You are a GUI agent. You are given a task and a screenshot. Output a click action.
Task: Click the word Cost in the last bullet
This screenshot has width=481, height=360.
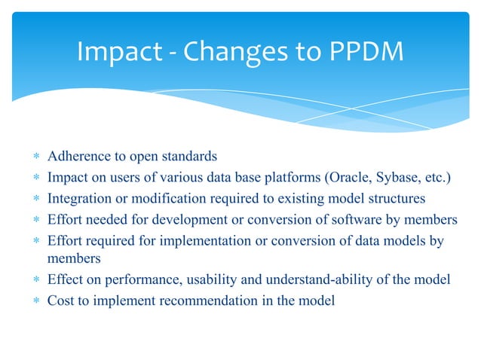coord(60,301)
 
